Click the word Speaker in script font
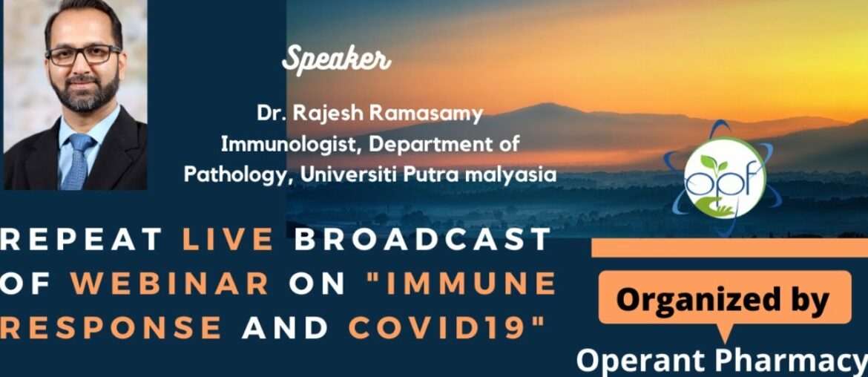coord(336,60)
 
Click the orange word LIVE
coord(229,240)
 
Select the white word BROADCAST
coord(423,240)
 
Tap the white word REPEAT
coord(82,240)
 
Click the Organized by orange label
coord(724,300)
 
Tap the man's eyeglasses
coord(82,55)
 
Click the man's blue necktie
coord(75,159)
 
